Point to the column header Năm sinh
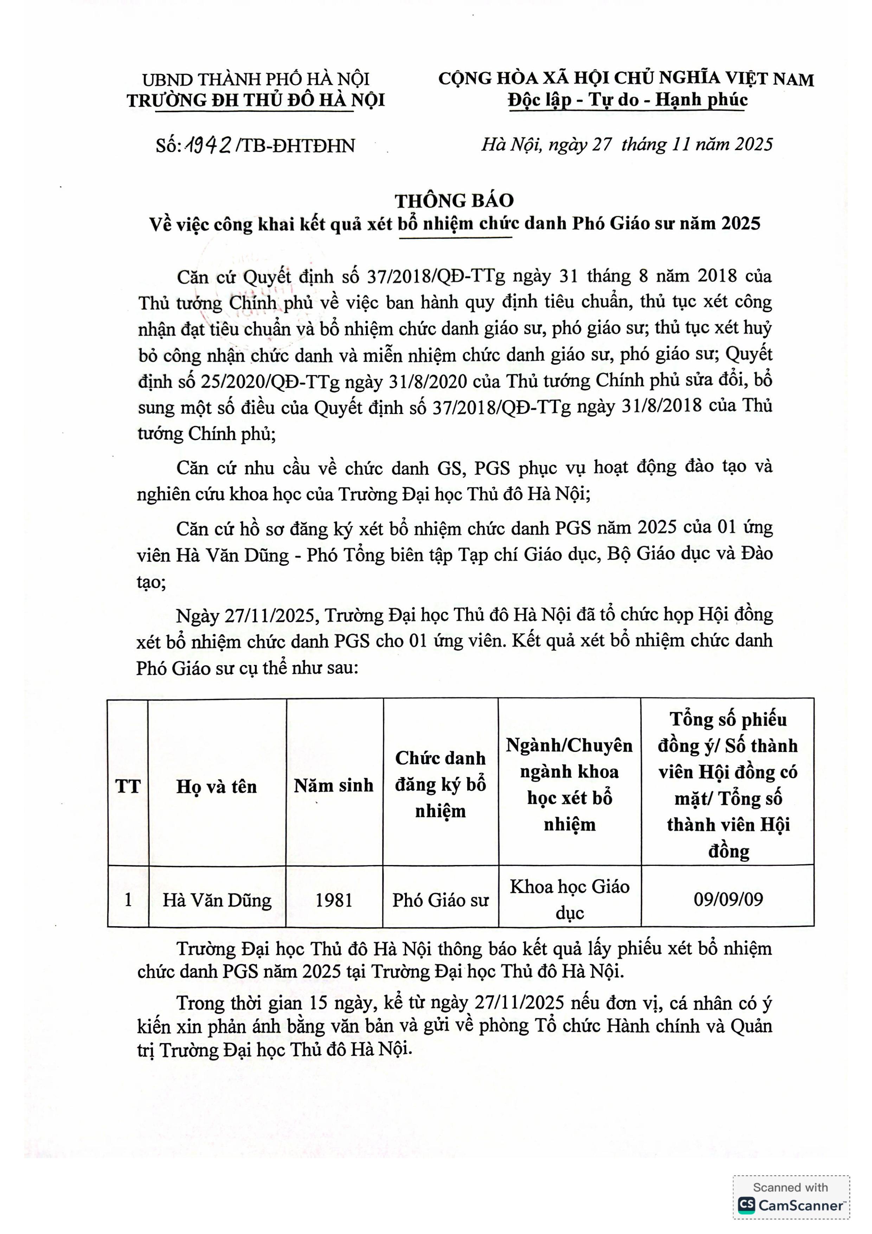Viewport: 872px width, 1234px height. pos(334,786)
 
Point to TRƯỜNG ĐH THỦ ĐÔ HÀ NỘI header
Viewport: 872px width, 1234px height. pos(256,101)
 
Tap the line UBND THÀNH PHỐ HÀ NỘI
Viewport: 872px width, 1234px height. pos(256,79)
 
